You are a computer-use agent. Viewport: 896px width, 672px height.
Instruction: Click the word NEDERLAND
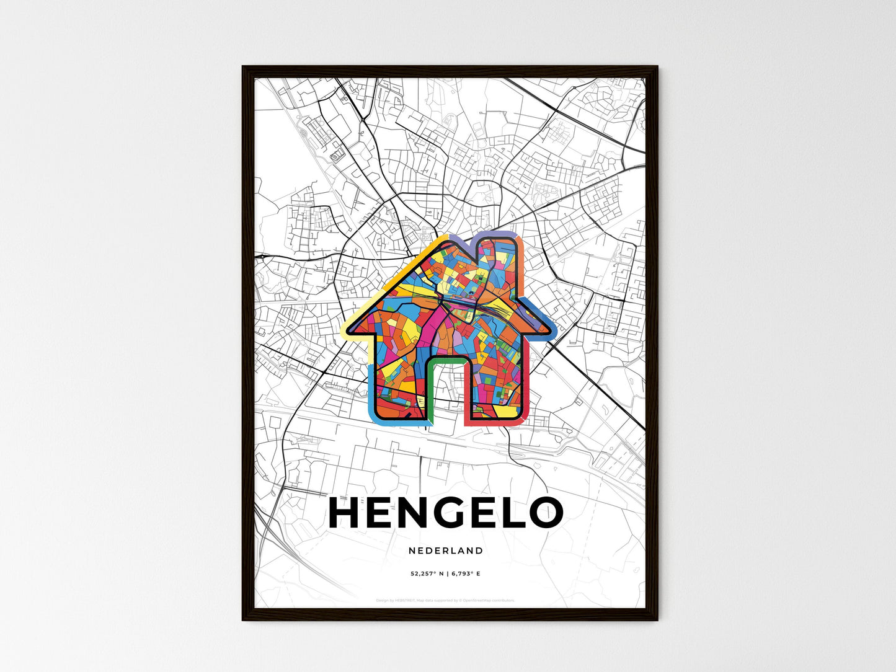446,550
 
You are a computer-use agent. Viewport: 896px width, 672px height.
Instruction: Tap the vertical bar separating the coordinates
446,574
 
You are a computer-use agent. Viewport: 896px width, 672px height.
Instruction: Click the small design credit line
445,600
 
